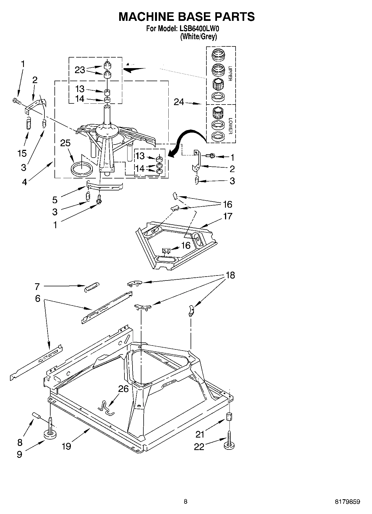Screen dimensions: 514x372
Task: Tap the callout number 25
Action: [x=66, y=143]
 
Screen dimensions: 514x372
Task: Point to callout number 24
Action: [x=179, y=102]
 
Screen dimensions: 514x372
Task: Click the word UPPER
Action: [x=230, y=74]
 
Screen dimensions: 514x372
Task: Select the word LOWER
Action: [x=230, y=126]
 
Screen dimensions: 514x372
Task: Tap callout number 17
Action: [x=228, y=216]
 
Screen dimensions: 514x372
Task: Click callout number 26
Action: [x=123, y=389]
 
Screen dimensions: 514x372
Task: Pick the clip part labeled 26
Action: [x=106, y=408]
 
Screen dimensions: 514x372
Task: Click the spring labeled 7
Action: [x=91, y=287]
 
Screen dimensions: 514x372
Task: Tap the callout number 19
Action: [x=66, y=446]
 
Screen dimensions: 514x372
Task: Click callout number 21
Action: [x=200, y=434]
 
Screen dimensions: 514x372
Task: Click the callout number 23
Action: [x=80, y=70]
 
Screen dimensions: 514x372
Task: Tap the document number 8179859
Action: [x=347, y=501]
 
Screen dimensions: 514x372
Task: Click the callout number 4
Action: [x=24, y=182]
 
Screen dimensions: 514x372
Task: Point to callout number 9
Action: [x=19, y=454]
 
